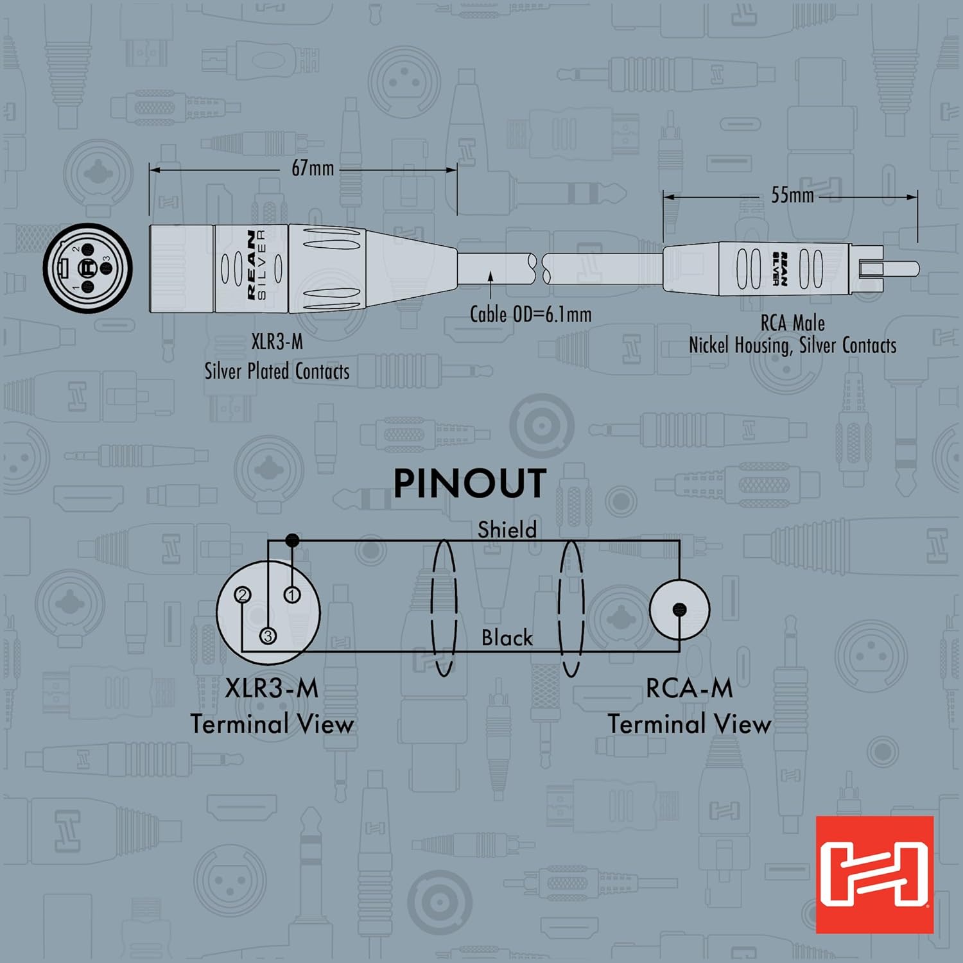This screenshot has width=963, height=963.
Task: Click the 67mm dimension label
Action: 313,168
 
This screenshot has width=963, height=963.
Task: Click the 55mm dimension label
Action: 792,195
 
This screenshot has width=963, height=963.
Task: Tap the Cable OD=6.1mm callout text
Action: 530,315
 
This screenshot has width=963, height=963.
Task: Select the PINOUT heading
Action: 469,483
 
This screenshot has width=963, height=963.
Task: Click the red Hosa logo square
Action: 874,874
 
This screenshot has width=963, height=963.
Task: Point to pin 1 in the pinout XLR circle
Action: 292,595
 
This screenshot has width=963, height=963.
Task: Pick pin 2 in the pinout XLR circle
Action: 243,595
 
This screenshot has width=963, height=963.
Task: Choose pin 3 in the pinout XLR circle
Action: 268,636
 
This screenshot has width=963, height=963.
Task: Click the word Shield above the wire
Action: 507,530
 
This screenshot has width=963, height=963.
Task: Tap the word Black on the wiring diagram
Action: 507,638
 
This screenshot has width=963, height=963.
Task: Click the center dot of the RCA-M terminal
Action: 679,610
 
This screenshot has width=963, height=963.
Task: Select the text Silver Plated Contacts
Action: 277,371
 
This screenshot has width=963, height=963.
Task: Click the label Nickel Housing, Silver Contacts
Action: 792,345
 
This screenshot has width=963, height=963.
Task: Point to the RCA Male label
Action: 792,323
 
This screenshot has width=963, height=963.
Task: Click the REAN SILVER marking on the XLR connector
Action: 256,265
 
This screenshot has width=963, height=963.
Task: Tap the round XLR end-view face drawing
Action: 87,268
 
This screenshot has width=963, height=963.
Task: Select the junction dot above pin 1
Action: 292,541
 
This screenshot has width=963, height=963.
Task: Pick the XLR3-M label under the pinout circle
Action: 272,689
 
